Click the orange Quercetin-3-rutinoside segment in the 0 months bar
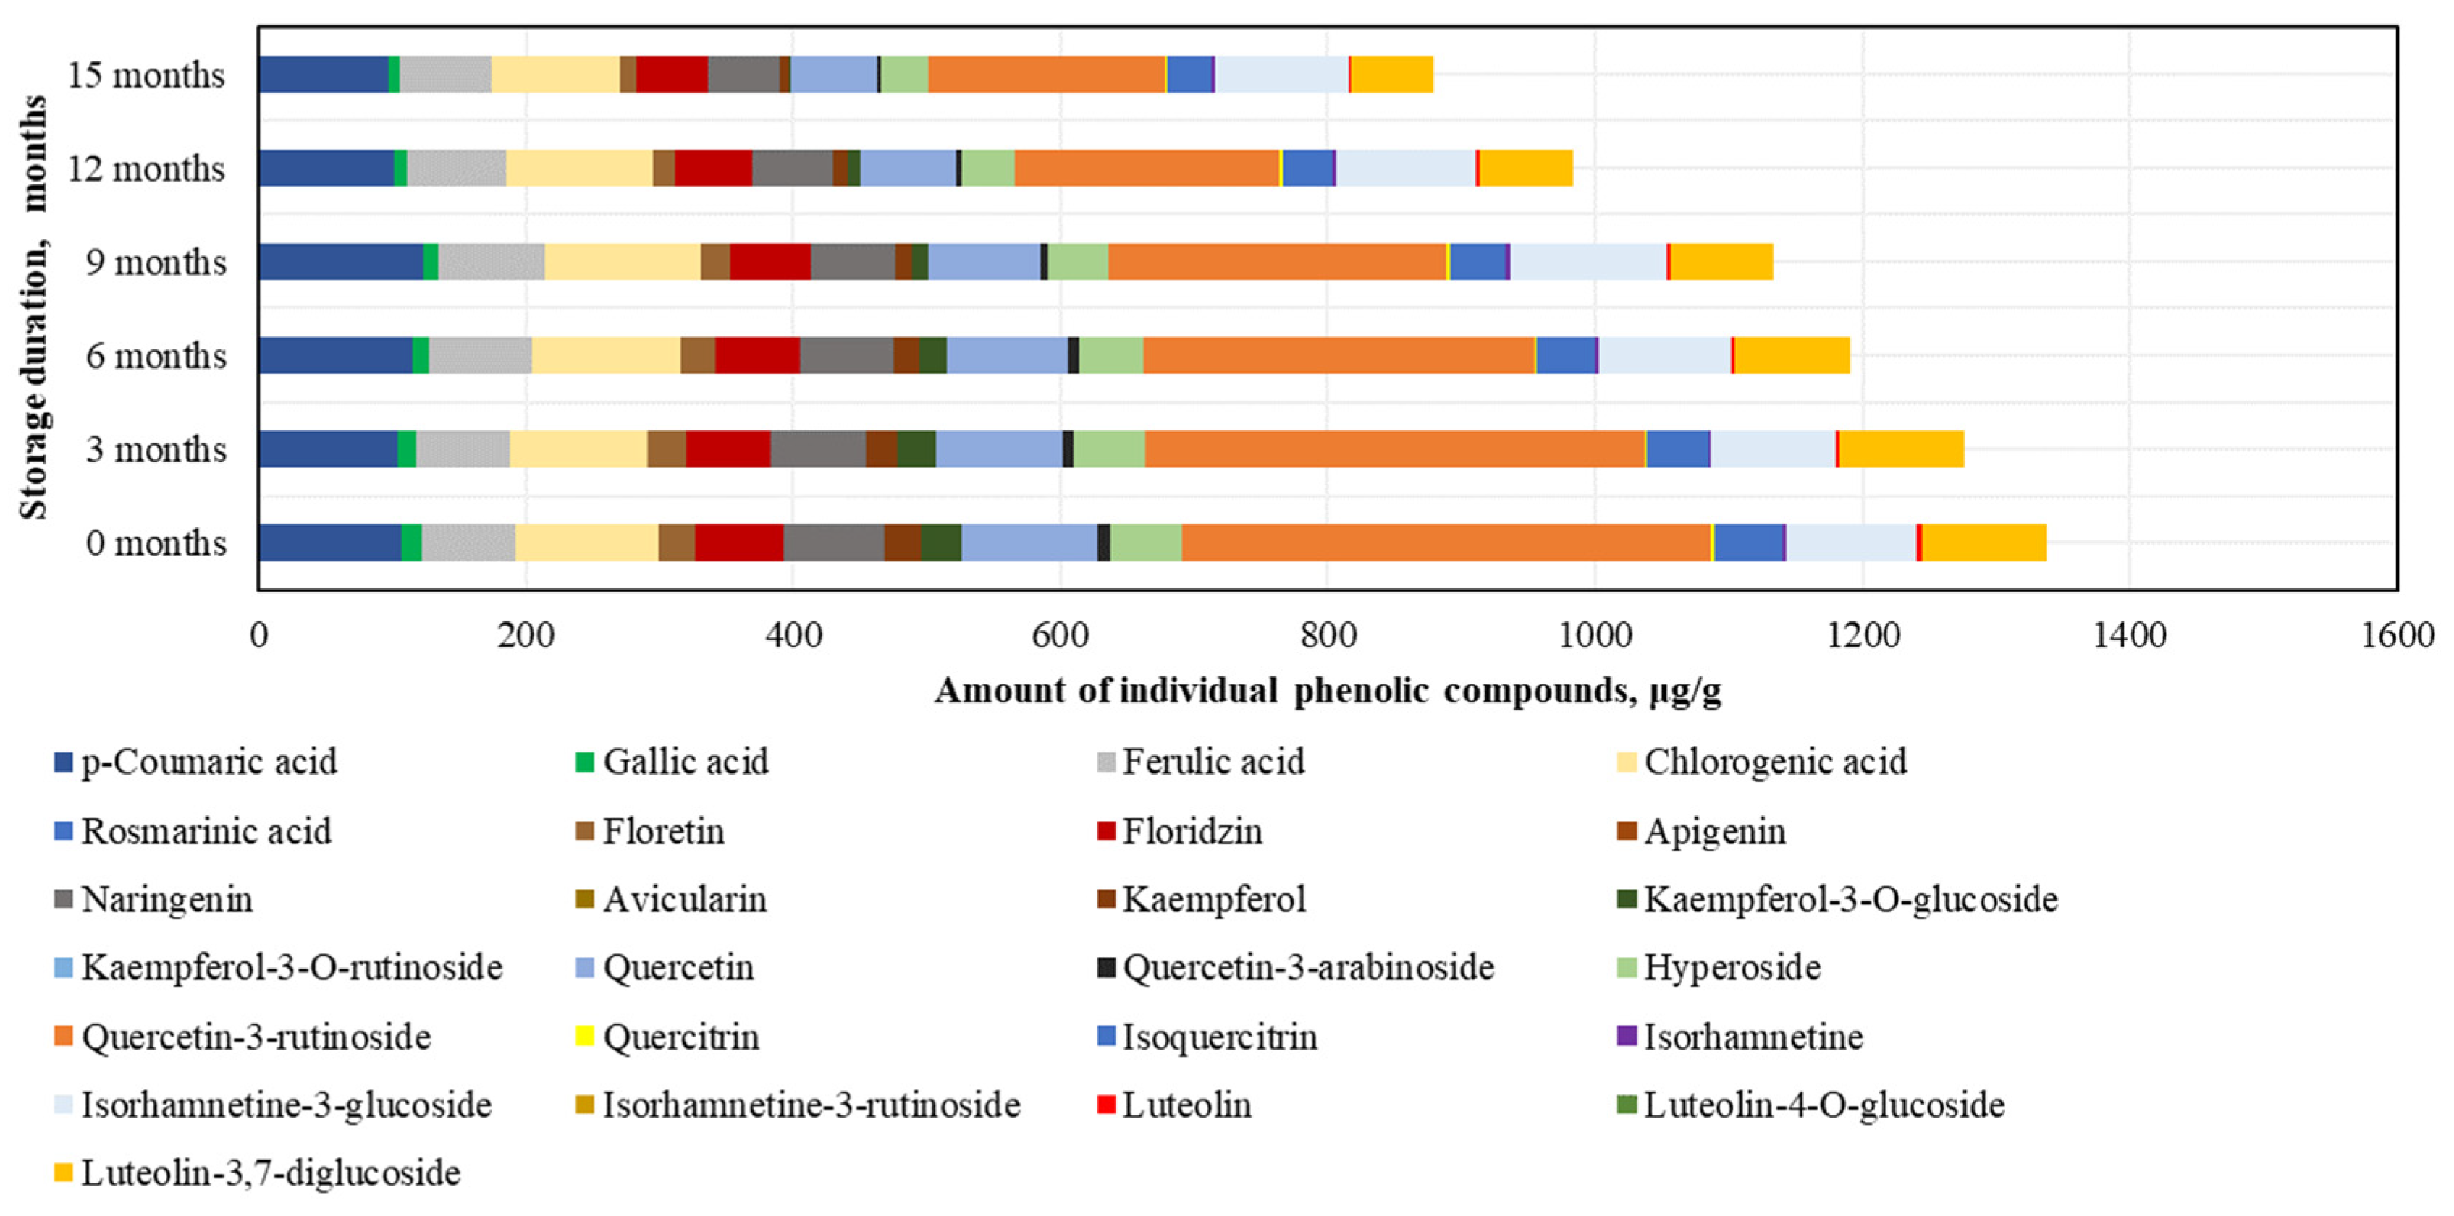(1446, 543)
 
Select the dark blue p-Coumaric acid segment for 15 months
(323, 75)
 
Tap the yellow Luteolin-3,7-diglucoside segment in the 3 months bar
(1900, 448)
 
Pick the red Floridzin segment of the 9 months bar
(769, 262)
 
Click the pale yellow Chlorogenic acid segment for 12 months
(579, 169)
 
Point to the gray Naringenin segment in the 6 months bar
(846, 355)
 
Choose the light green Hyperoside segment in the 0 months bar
(1146, 543)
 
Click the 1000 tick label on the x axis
(1594, 635)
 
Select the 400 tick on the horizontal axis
(793, 635)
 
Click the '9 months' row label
(156, 262)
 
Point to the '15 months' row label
(146, 75)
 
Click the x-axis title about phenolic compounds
(1327, 690)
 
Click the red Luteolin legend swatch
(1106, 1105)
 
